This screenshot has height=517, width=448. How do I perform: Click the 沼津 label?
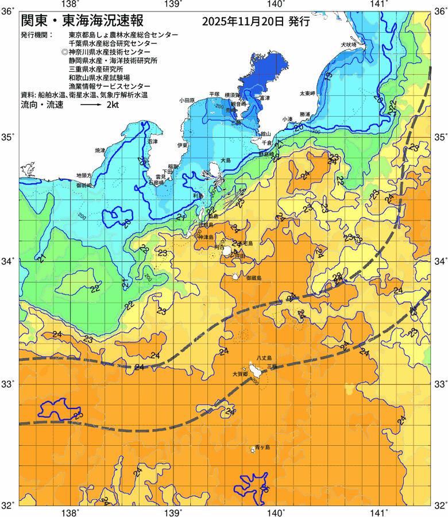153,141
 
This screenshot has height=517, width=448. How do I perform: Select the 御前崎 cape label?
84,186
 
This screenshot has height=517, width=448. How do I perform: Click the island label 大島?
225,160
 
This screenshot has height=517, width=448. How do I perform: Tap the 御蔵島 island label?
253,277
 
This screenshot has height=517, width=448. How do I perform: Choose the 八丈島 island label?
267,357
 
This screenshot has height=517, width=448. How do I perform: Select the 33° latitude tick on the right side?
439,383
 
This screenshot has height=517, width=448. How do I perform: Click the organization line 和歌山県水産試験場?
99,76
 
